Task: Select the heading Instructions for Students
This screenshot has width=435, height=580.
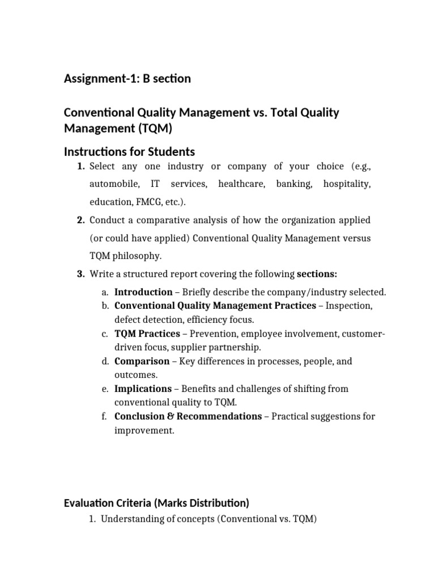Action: pyautogui.click(x=129, y=152)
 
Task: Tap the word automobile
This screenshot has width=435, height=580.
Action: pyautogui.click(x=114, y=184)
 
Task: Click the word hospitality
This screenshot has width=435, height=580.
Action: pyautogui.click(x=347, y=184)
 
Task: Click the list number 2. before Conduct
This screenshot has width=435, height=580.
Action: pyautogui.click(x=81, y=220)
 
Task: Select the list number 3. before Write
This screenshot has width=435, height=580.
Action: pyautogui.click(x=81, y=274)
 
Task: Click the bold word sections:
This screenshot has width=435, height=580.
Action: pyautogui.click(x=317, y=274)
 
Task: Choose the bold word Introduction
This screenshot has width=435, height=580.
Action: pyautogui.click(x=143, y=292)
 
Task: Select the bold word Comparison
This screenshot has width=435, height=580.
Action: pyautogui.click(x=142, y=361)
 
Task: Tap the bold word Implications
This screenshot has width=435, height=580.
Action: pyautogui.click(x=143, y=389)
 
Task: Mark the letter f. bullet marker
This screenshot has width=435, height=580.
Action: pyautogui.click(x=105, y=416)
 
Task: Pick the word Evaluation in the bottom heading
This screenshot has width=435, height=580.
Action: pyautogui.click(x=90, y=503)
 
